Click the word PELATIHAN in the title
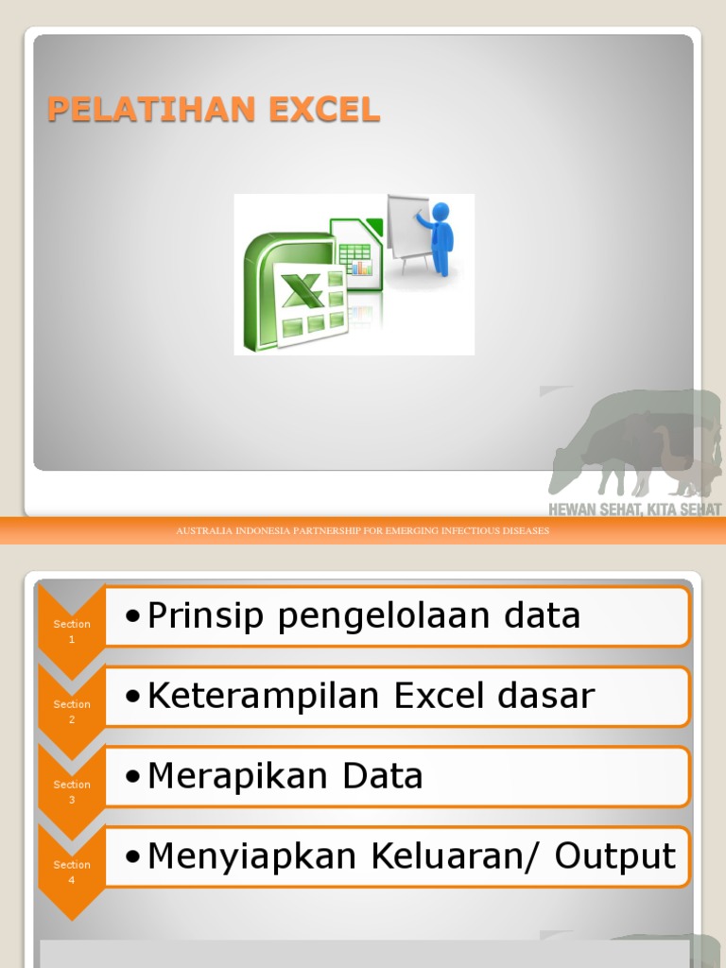tap(152, 110)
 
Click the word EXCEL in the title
tap(323, 110)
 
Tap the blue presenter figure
tap(439, 236)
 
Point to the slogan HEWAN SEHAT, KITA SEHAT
tap(634, 510)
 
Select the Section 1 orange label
tap(72, 631)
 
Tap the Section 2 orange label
tap(72, 711)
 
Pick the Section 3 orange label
tap(72, 791)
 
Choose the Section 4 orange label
tap(72, 872)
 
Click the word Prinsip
tap(208, 616)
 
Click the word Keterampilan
tap(266, 697)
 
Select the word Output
tap(615, 856)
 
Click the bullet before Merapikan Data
tap(133, 778)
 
